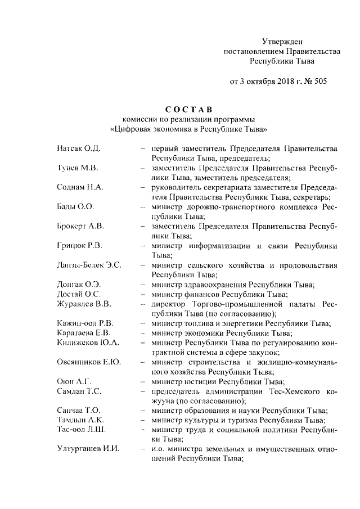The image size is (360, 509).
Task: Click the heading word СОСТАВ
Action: pyautogui.click(x=188, y=109)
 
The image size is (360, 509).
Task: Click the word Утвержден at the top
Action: pyautogui.click(x=282, y=41)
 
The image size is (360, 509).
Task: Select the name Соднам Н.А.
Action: pyautogui.click(x=80, y=187)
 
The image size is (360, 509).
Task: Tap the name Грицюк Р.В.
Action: pyautogui.click(x=79, y=246)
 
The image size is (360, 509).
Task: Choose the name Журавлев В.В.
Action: pyautogui.click(x=84, y=304)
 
